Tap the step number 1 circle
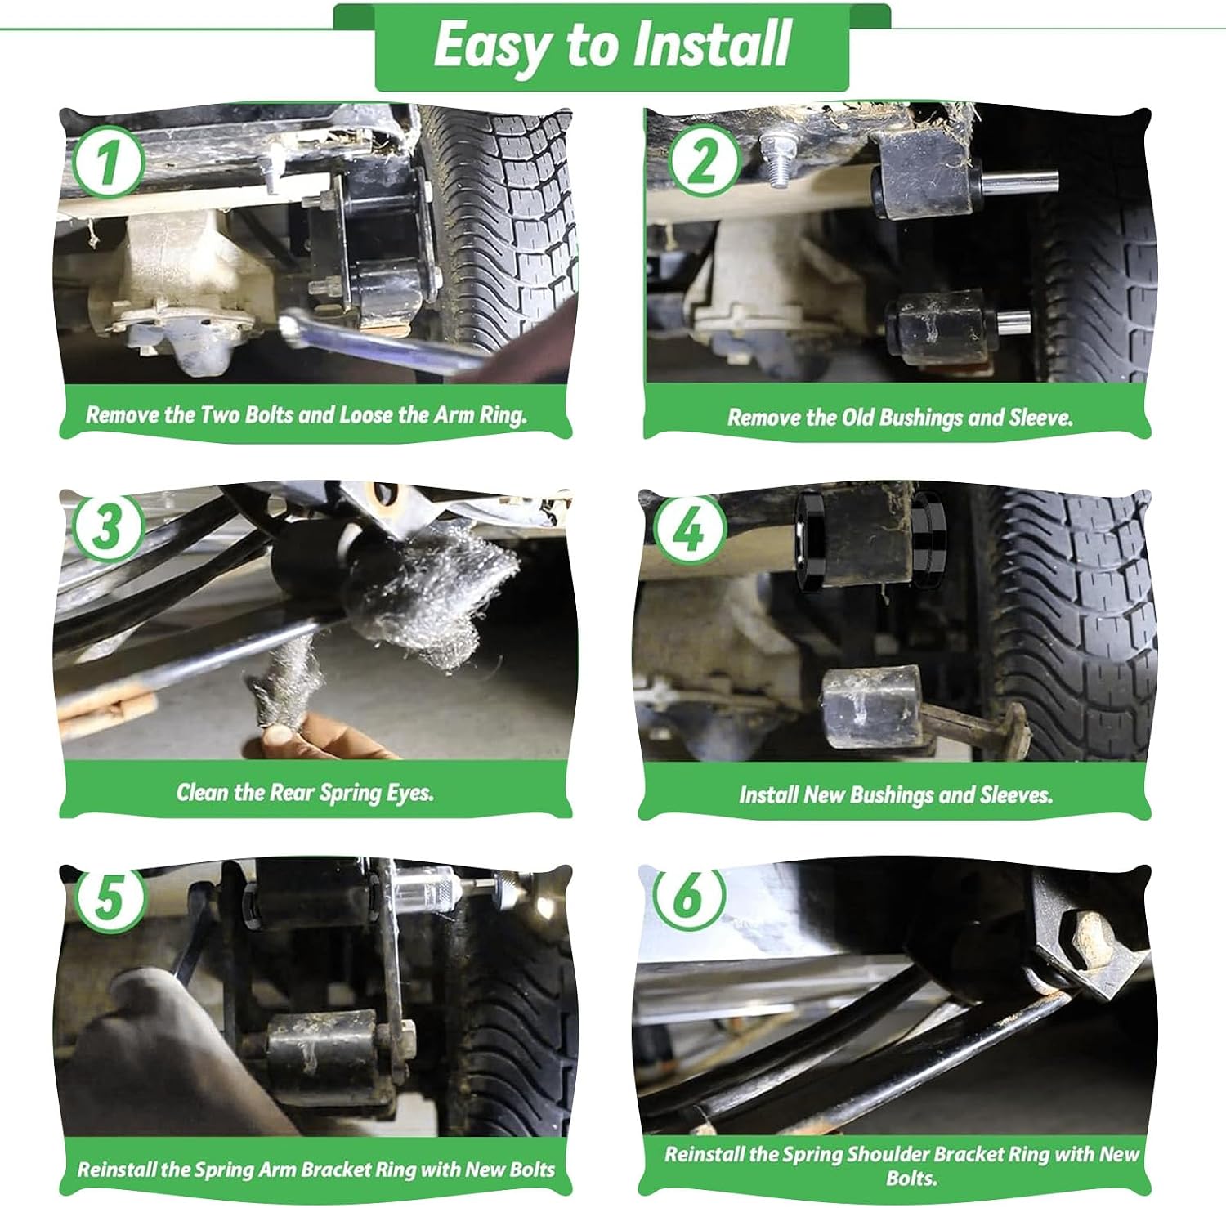point(108,161)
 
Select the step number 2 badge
point(704,161)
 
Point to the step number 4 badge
point(691,530)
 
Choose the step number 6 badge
point(689,896)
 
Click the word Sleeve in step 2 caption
point(1040,418)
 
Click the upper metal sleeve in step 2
point(1018,181)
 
